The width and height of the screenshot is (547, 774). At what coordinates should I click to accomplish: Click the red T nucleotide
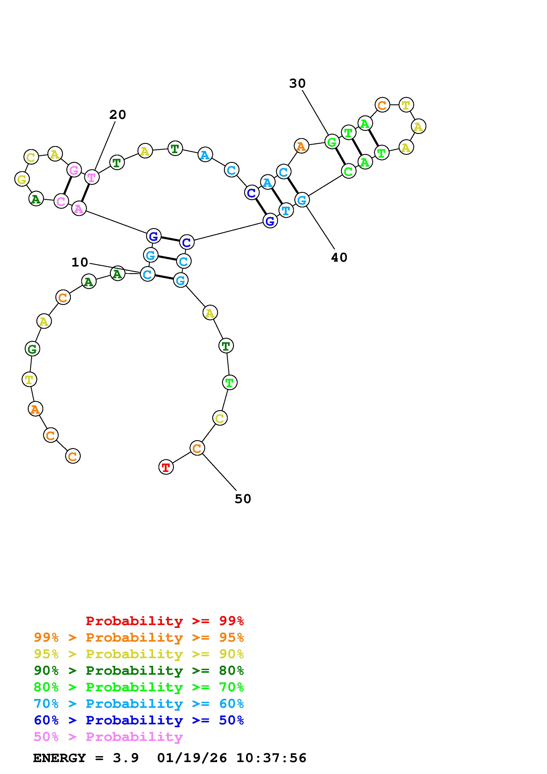tap(166, 467)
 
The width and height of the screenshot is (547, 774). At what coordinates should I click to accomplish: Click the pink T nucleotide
tap(92, 177)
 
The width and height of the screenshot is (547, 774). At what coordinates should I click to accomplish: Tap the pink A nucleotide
tap(79, 209)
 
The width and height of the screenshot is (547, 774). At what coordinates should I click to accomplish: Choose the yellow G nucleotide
tap(22, 179)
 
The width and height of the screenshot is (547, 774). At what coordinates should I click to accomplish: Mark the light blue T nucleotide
tap(286, 211)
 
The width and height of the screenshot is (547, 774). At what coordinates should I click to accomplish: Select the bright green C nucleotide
tap(348, 171)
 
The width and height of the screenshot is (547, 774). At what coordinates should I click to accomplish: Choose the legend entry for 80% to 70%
tap(139, 687)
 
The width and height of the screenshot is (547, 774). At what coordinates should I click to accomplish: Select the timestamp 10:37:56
tap(271, 758)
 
